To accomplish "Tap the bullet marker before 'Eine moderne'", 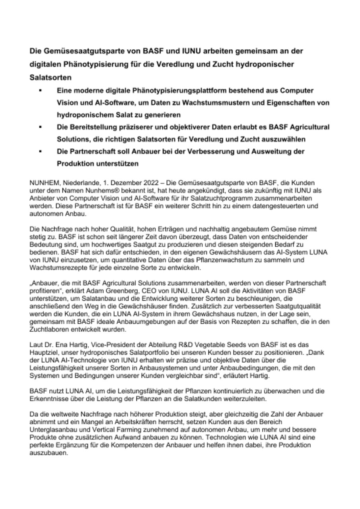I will coord(40,91).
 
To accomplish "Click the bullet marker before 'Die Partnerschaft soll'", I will coord(40,152).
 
